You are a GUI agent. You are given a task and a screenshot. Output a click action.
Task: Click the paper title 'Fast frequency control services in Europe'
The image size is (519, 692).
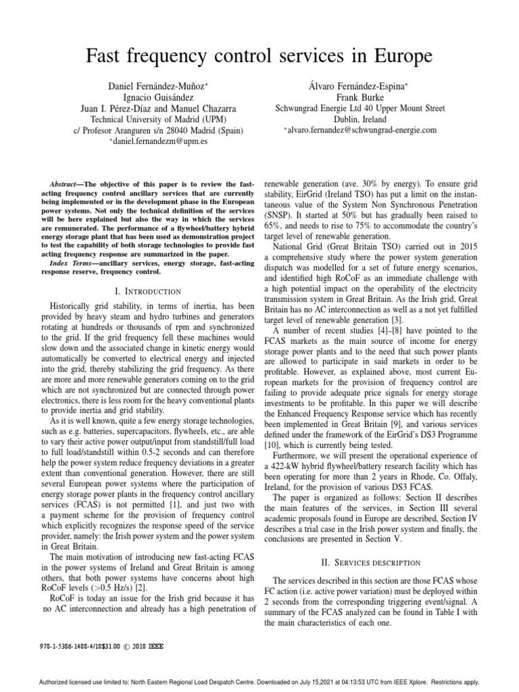259,55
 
